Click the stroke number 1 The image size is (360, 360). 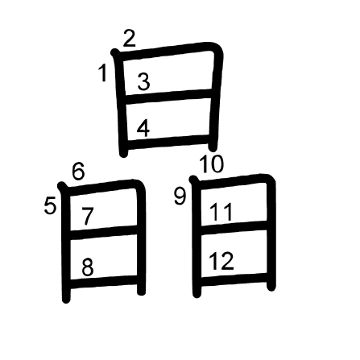[103, 73]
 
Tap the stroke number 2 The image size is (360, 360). [130, 39]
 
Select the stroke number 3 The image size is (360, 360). [143, 81]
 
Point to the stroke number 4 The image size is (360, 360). [143, 128]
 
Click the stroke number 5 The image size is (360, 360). [50, 205]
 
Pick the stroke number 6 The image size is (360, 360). [78, 171]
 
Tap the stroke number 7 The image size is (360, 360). [88, 216]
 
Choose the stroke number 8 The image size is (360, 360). [88, 267]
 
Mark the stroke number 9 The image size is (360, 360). [180, 197]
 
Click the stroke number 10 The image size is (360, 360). [212, 163]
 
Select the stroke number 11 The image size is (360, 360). [221, 212]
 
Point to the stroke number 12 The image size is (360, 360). [221, 261]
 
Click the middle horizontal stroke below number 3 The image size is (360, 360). [168, 97]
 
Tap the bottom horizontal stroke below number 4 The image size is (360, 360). [168, 141]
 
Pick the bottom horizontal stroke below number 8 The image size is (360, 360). [104, 282]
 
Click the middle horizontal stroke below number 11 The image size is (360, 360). [234, 226]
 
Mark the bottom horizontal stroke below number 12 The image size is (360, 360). [234, 279]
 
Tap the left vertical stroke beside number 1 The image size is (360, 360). [120, 103]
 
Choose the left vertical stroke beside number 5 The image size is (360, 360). [65, 243]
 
